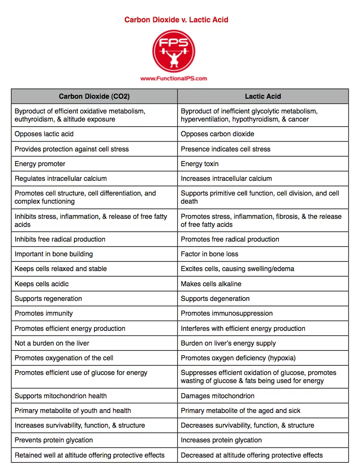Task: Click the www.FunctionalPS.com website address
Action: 174,79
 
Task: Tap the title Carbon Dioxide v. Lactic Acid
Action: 176,19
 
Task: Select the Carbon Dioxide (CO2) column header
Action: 94,96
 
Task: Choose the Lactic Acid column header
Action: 263,96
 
